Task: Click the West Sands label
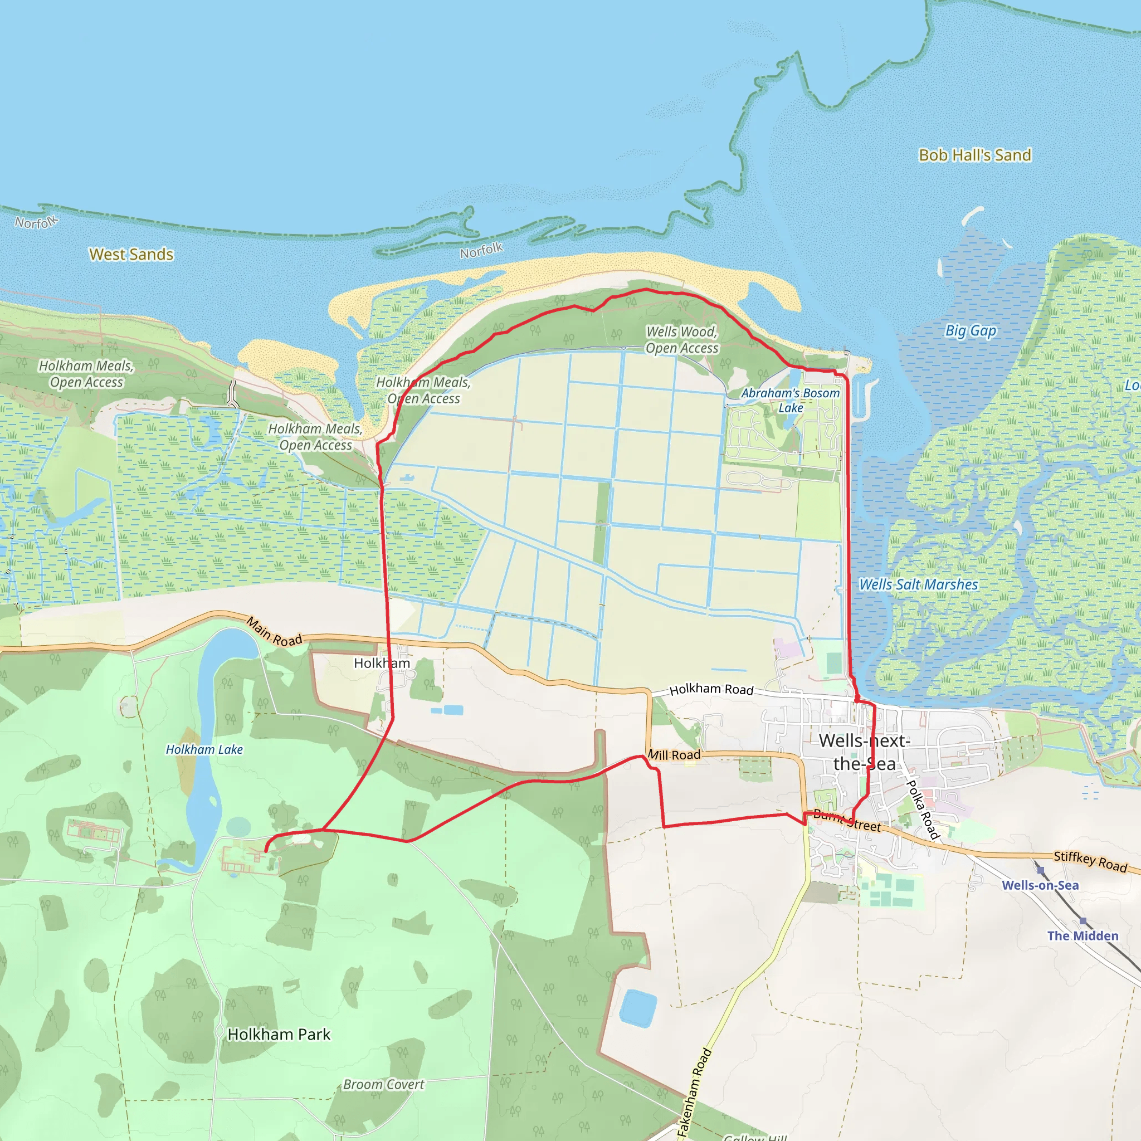(x=131, y=255)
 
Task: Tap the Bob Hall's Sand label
(x=975, y=155)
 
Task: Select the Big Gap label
(x=971, y=331)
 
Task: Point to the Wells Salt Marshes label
(x=918, y=584)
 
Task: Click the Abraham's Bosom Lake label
(x=790, y=401)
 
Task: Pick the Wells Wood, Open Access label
(x=681, y=340)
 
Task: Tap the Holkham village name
(x=382, y=663)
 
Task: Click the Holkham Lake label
(x=204, y=749)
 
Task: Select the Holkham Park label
(x=279, y=1034)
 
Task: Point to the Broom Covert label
(x=383, y=1084)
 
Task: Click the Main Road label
(x=274, y=631)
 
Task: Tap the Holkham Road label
(x=711, y=689)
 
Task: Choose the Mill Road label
(x=674, y=755)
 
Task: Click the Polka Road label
(x=923, y=808)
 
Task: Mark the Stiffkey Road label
(x=1090, y=862)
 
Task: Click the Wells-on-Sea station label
(x=1040, y=885)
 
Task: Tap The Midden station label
(x=1083, y=936)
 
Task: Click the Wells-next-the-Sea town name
(x=864, y=752)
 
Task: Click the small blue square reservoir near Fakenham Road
(x=638, y=1007)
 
